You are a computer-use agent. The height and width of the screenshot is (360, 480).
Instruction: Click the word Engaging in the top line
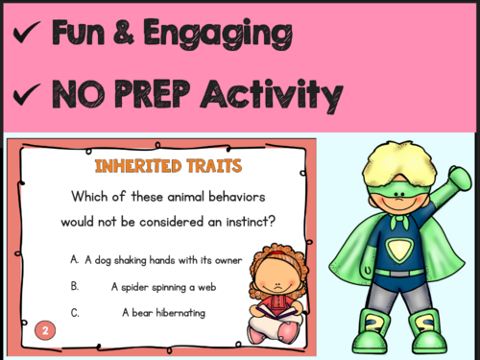click(223, 36)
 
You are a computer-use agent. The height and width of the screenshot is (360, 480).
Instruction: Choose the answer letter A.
click(74, 259)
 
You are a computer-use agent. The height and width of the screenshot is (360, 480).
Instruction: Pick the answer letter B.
click(74, 286)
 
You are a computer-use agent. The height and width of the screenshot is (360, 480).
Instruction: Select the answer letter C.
click(74, 312)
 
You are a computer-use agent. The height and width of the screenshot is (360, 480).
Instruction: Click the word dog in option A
click(104, 259)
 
